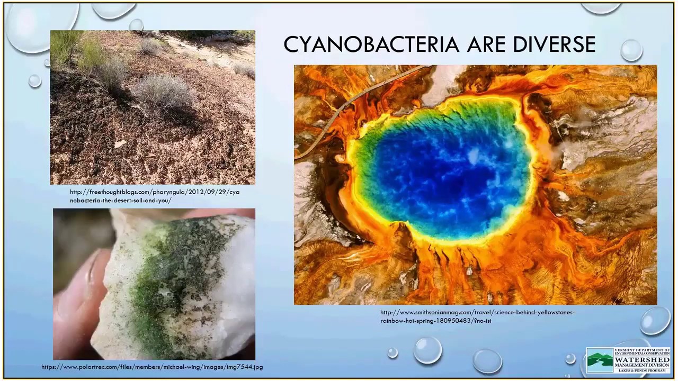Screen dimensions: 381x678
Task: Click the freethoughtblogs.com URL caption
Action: pyautogui.click(x=154, y=196)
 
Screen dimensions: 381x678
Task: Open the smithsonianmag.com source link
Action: pyautogui.click(x=477, y=316)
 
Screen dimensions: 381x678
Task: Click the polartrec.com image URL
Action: pyautogui.click(x=152, y=367)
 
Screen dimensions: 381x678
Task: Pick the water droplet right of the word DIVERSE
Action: pyautogui.click(x=631, y=50)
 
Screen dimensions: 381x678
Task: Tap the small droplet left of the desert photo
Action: pyautogui.click(x=34, y=80)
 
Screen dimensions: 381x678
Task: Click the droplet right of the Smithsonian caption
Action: pyautogui.click(x=655, y=321)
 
